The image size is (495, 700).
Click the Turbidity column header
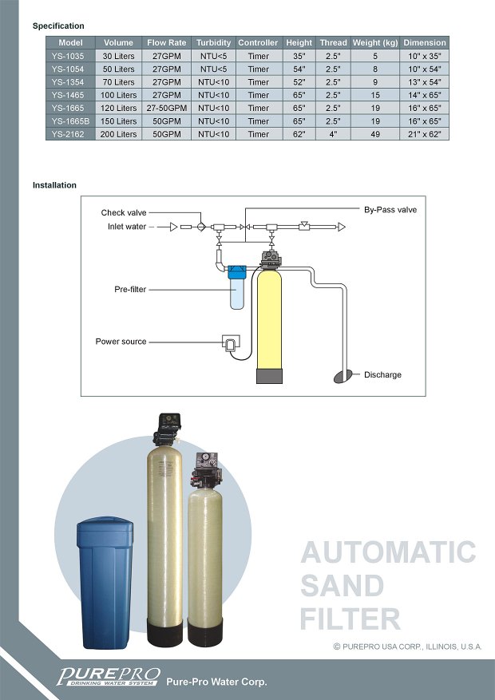coord(213,42)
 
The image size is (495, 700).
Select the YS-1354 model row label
coord(68,82)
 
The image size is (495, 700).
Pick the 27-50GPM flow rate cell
coord(166,108)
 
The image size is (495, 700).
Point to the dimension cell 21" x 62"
coord(424,134)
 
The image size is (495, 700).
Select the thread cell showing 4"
coord(333,134)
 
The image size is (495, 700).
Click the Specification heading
coord(58,26)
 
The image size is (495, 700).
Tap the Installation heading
coord(54,185)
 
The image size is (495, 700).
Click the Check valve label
coord(124,213)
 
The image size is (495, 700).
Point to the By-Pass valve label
coord(390,210)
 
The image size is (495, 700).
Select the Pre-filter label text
coord(130,289)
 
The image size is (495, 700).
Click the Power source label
coord(121,342)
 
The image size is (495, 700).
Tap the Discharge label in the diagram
coord(382,375)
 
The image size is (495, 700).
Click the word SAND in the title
coord(342,586)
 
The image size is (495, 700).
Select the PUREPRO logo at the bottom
coord(109,675)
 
